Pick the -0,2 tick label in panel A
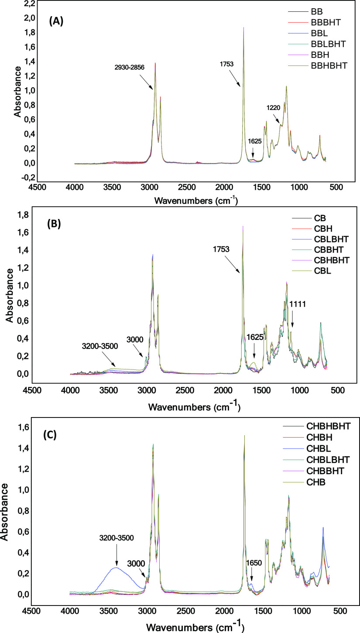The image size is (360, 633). (x=17, y=178)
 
